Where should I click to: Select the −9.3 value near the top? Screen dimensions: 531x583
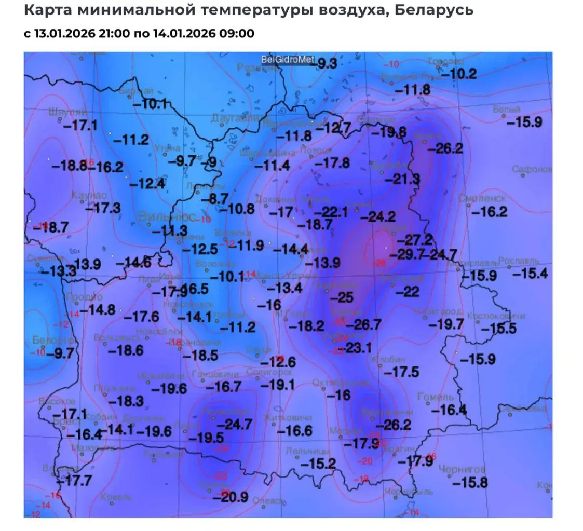[x=327, y=64]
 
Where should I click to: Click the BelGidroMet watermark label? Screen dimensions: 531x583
[x=288, y=60]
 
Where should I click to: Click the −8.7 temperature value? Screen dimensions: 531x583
[x=215, y=198]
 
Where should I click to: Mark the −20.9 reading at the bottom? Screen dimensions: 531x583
[x=231, y=497]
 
